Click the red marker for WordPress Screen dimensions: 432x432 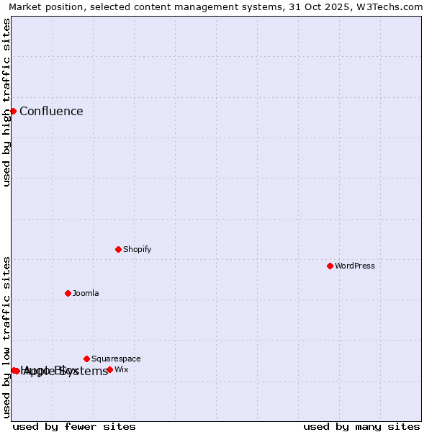point(330,266)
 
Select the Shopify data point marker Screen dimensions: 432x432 point(118,249)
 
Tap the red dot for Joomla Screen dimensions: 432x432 point(68,293)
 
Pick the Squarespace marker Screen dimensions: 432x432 point(86,359)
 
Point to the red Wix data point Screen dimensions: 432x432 point(109,369)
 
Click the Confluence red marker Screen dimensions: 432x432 point(13,111)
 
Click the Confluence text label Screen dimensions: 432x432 point(51,111)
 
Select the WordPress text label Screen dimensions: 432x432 point(355,266)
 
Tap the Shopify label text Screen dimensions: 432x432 point(137,249)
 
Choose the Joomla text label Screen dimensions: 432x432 point(86,293)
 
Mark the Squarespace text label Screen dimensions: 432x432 point(116,359)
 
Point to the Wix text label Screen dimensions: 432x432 point(122,369)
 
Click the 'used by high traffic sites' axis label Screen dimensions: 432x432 point(7,102)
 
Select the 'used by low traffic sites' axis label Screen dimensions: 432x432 point(7,337)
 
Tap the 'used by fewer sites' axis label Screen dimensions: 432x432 point(74,426)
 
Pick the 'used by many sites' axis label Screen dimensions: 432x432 point(361,426)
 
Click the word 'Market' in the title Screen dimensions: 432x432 point(25,7)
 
